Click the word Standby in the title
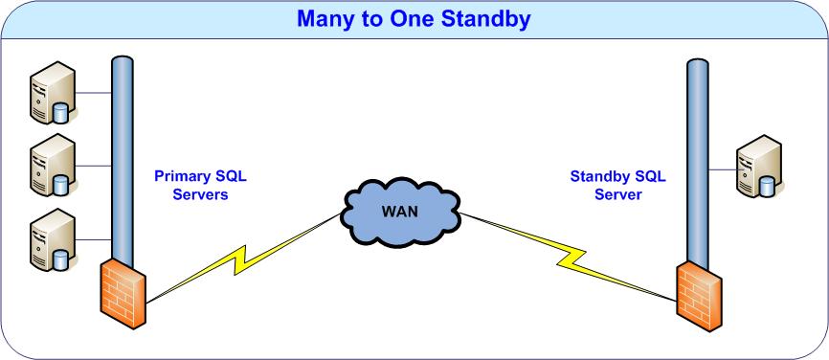coord(486,19)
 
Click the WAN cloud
coord(401,213)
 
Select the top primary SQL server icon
coord(53,93)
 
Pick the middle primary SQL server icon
coord(53,166)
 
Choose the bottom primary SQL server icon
coord(53,239)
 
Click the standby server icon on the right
coord(759,166)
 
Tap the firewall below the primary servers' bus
coord(123,293)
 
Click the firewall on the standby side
coord(699,296)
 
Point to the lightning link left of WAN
coord(243,259)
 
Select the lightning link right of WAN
coord(569,258)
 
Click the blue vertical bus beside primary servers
coord(123,159)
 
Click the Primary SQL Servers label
coord(200,185)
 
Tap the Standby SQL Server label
coord(618,185)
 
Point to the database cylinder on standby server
coord(767,187)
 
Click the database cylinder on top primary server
coord(60,114)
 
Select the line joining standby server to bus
coord(723,169)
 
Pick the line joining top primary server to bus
coord(94,93)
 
